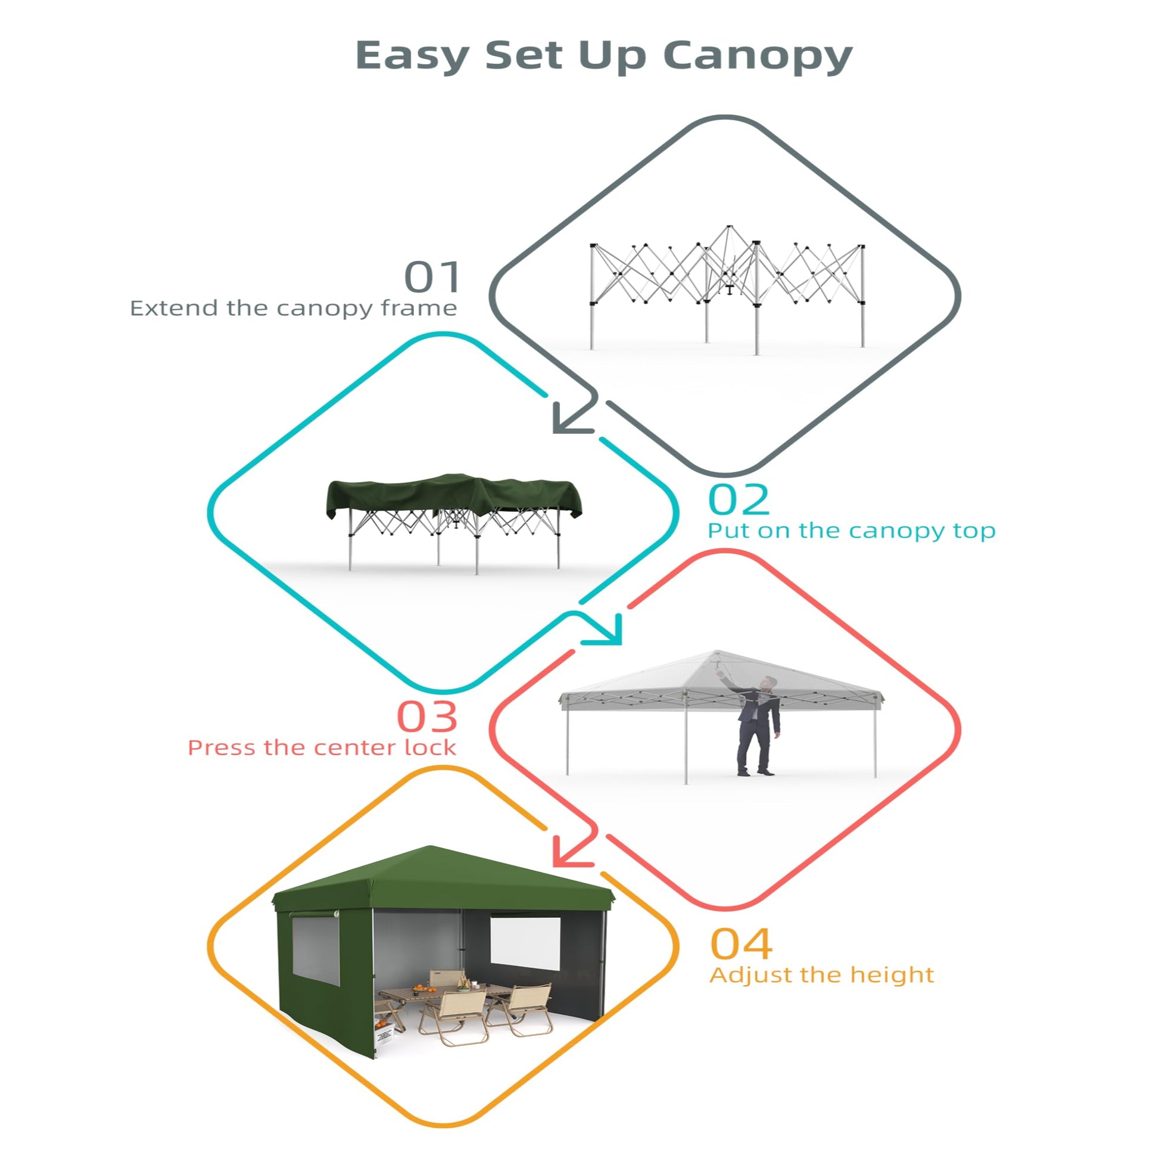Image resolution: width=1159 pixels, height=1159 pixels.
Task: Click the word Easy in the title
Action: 412,55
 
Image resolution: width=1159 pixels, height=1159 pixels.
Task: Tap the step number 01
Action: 432,277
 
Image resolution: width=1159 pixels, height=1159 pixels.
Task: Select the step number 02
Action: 739,500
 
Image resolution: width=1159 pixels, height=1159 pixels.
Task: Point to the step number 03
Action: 427,717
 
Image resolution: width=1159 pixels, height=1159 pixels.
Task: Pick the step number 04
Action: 741,944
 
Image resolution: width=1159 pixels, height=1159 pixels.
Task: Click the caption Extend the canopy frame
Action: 294,309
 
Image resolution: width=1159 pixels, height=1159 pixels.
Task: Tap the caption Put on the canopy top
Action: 851,531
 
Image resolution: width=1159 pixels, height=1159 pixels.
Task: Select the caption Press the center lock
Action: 322,748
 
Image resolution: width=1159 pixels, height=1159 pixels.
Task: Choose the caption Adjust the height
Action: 822,976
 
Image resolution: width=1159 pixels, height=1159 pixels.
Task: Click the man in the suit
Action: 754,725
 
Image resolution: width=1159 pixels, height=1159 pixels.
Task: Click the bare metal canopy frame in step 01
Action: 727,288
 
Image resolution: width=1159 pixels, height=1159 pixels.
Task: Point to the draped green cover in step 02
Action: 453,496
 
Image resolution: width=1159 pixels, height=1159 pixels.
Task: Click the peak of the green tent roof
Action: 430,846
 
